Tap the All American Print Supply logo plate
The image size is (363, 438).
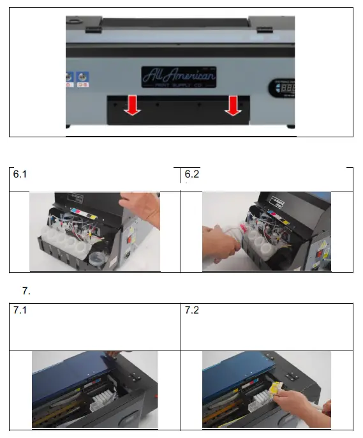(179, 77)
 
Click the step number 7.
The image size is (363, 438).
(26, 291)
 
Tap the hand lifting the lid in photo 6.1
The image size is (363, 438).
(142, 208)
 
